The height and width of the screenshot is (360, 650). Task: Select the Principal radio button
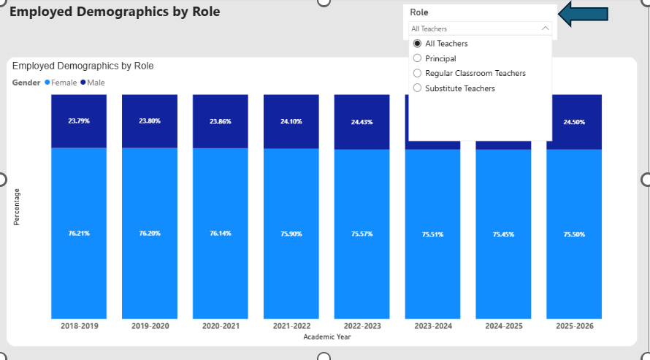tap(418, 58)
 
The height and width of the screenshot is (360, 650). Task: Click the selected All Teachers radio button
tap(418, 44)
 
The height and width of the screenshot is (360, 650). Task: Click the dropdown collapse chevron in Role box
tap(545, 28)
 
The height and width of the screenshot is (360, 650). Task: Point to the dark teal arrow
tap(584, 14)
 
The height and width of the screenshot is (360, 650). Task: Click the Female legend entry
tap(61, 83)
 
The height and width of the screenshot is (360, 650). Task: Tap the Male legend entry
tap(93, 83)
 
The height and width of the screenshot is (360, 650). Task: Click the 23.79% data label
tap(79, 121)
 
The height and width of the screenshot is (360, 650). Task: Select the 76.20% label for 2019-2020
tap(150, 233)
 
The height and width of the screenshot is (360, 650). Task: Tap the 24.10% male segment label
tap(291, 121)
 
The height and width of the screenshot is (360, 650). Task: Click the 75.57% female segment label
tap(362, 234)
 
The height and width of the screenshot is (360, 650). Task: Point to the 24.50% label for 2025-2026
tap(574, 122)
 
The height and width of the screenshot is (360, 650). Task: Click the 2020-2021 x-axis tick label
tap(221, 326)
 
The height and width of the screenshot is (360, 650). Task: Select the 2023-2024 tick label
tap(433, 326)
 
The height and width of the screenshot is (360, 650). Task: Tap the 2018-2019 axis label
tap(80, 326)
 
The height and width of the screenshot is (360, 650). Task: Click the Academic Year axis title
tap(327, 337)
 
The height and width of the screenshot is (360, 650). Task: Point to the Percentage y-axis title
tap(17, 207)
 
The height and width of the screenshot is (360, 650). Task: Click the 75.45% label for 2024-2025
tap(504, 234)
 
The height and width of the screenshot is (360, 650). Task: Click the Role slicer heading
tap(419, 12)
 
